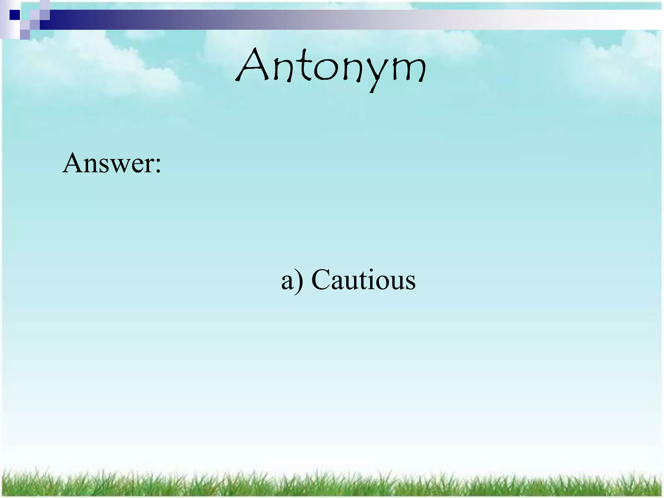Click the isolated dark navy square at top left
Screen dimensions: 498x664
(x=15, y=15)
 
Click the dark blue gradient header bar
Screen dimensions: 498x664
(x=162, y=20)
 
